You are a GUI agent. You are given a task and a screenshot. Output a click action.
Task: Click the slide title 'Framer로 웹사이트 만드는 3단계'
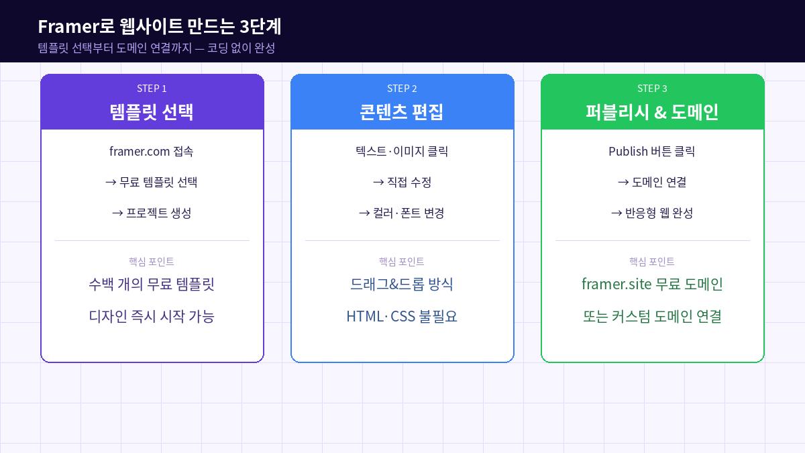[159, 26]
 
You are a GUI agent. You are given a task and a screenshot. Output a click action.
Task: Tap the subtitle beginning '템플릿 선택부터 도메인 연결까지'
[156, 48]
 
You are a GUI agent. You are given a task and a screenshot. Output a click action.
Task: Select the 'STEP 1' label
[152, 89]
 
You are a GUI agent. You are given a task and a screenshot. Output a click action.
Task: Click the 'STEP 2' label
[402, 89]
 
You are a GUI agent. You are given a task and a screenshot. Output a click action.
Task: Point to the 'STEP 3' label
[652, 89]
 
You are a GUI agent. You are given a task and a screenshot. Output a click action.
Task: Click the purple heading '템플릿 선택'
[152, 111]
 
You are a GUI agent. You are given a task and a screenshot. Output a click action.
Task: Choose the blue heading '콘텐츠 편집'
[402, 111]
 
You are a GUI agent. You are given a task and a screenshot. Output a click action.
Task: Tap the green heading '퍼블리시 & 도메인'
[652, 111]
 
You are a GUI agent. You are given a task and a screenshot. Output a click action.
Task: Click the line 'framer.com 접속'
[152, 152]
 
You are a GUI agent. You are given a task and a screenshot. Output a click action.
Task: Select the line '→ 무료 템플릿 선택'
[152, 183]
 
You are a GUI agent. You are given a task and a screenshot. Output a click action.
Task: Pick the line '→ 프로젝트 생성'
[152, 213]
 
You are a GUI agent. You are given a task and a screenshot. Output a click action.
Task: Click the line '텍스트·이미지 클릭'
[402, 152]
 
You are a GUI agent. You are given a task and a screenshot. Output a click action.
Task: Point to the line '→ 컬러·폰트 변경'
[402, 213]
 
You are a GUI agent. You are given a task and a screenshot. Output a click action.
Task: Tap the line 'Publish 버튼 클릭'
[652, 152]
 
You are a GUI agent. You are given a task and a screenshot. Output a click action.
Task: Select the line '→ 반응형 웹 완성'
[652, 213]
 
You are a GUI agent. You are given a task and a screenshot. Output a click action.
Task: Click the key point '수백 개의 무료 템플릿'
[152, 284]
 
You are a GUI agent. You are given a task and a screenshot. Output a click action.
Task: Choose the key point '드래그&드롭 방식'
[402, 284]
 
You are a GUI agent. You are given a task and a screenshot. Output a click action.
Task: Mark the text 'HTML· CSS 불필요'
[402, 316]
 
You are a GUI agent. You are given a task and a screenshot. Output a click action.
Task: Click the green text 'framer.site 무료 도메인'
[652, 284]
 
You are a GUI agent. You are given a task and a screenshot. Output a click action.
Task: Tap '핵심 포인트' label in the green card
[652, 262]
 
